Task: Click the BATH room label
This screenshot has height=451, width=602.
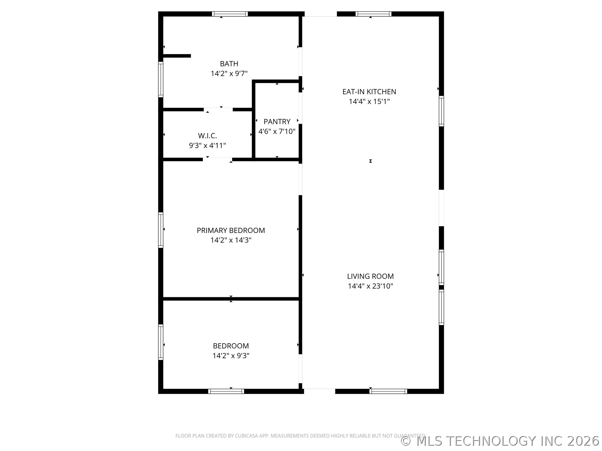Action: point(229,64)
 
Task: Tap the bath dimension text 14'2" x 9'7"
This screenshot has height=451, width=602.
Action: point(229,74)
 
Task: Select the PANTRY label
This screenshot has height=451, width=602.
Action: point(277,122)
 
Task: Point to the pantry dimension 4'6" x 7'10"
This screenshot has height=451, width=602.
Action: point(277,131)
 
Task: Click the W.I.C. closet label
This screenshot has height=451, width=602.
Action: point(207,136)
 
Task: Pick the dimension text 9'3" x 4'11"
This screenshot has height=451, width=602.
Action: point(207,146)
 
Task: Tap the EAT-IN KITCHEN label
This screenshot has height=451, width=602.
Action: point(369,92)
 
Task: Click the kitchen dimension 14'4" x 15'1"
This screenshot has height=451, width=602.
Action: point(369,101)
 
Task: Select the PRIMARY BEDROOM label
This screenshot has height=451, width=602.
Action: point(231,231)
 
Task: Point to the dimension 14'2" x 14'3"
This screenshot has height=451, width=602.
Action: point(231,240)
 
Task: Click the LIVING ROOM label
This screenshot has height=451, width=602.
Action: point(370,276)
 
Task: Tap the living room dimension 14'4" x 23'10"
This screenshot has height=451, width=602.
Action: point(370,286)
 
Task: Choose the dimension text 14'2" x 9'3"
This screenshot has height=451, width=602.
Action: point(231,356)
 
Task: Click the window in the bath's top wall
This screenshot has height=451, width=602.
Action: point(230,14)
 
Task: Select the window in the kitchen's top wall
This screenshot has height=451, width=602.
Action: point(373,14)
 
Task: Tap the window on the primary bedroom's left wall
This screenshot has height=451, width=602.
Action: point(161,230)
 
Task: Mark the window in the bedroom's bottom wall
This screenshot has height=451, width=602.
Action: point(226,391)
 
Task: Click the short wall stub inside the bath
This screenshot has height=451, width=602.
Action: point(177,56)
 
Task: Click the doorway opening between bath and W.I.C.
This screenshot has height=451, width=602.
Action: point(218,109)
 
